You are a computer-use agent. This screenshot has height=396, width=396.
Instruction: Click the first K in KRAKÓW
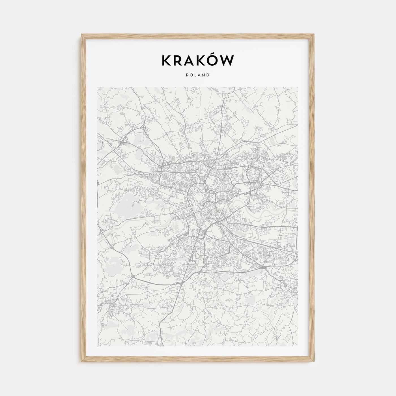click(x=167, y=61)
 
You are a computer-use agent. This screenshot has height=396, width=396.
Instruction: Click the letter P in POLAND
click(x=187, y=75)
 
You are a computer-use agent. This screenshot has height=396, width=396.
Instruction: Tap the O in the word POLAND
click(x=191, y=75)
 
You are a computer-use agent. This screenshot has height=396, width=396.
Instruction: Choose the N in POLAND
click(x=204, y=75)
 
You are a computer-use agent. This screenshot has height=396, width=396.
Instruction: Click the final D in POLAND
click(x=208, y=75)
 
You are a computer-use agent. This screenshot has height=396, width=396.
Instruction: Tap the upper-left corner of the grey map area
click(x=97, y=87)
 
